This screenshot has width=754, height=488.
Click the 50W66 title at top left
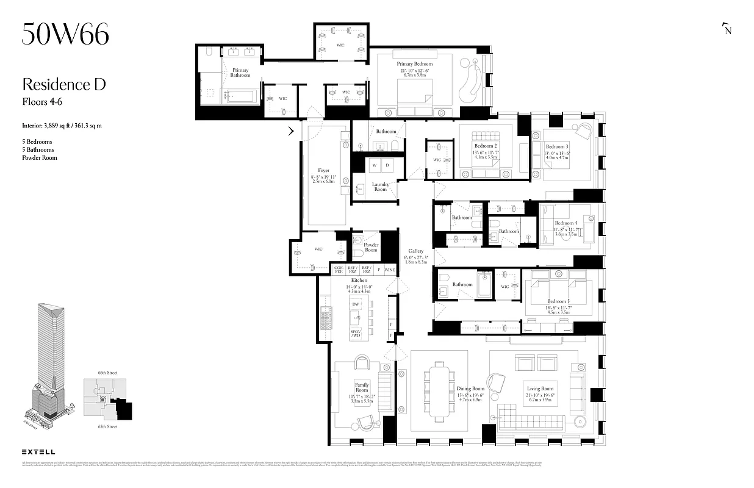[65, 34]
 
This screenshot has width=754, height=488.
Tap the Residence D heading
[64, 84]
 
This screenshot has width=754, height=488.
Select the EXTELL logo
[38, 451]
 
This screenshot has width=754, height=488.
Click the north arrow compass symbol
[727, 29]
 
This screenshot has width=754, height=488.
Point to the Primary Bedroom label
[414, 64]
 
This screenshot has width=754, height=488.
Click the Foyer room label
[323, 171]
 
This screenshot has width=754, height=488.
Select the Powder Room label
[371, 248]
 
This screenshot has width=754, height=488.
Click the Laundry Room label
[380, 187]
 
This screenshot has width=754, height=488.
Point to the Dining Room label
[470, 388]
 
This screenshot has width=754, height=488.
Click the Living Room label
[540, 388]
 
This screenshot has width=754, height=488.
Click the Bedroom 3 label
[556, 147]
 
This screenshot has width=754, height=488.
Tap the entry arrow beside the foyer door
[292, 131]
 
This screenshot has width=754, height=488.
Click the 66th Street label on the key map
[107, 372]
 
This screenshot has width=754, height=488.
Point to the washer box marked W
[373, 165]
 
